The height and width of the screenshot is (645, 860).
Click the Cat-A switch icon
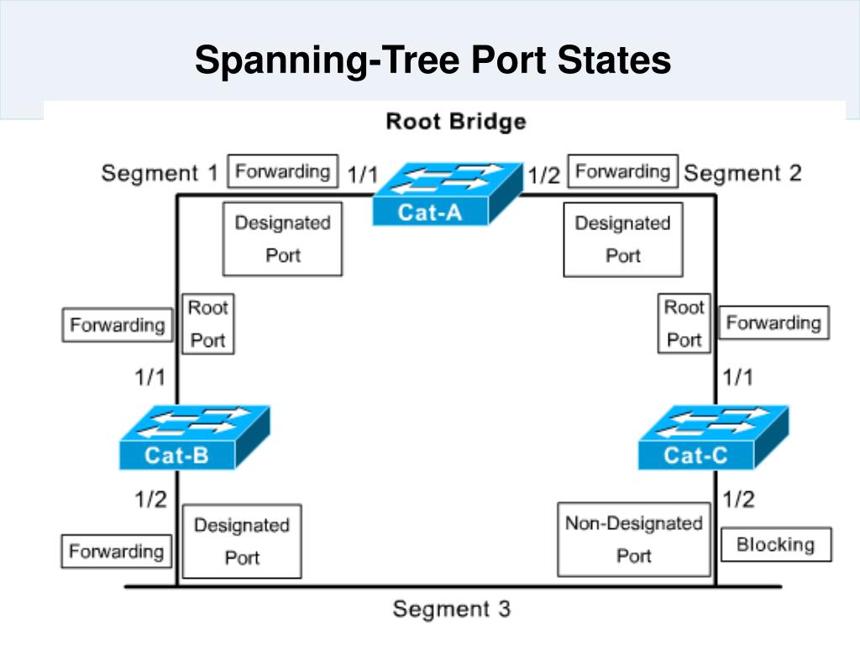[x=448, y=194]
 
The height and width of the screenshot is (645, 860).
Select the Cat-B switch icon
[x=195, y=437]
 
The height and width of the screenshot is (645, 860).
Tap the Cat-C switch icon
[x=714, y=437]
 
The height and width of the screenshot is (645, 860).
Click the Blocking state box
[x=776, y=544]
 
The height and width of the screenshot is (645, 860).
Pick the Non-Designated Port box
[x=634, y=540]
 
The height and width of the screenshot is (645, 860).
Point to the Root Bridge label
[x=456, y=121]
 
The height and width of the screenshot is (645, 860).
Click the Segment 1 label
[x=160, y=173]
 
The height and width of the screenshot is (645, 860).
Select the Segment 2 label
[x=743, y=173]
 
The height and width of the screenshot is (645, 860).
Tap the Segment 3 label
[x=452, y=609]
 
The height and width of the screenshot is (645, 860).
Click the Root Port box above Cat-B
[x=208, y=324]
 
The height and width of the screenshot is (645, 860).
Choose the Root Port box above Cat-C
[x=684, y=323]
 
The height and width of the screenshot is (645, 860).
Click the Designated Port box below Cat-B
[x=242, y=542]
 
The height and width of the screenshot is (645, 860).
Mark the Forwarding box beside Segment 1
[x=283, y=171]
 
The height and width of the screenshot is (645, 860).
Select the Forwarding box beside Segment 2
[x=623, y=171]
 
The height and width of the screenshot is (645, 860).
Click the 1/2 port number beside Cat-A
[x=543, y=176]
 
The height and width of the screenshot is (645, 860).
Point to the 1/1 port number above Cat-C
[x=737, y=377]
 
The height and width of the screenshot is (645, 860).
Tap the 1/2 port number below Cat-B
[x=150, y=499]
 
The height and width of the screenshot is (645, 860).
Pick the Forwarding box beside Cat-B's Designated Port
[x=116, y=551]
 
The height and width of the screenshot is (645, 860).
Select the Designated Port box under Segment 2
[x=623, y=239]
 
